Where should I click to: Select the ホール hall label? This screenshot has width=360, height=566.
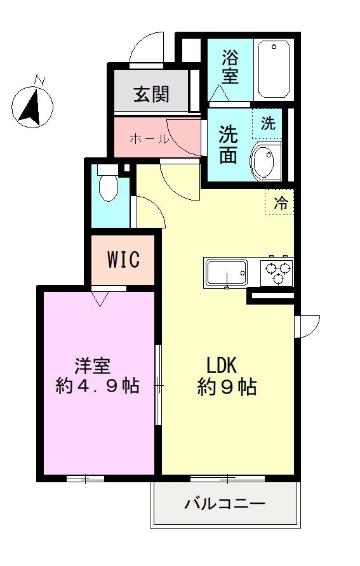[149, 139]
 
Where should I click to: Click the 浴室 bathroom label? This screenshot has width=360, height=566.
[230, 67]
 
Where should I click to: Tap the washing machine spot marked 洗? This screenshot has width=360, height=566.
[269, 124]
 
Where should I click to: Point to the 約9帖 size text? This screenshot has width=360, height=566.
[226, 386]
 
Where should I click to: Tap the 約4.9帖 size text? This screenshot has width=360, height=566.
[97, 386]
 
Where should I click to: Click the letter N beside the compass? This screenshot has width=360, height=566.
[40, 80]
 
